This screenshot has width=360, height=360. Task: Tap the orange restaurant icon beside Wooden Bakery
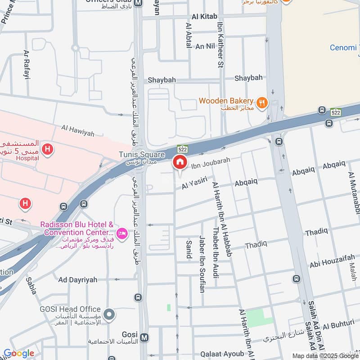[261, 103]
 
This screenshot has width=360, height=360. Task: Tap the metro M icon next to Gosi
[144, 337]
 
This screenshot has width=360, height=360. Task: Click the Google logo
[19, 353]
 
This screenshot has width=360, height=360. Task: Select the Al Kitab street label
[205, 17]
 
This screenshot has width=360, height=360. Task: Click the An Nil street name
[205, 46]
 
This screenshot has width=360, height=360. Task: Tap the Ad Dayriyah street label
[77, 279]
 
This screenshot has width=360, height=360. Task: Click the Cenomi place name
[343, 48]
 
